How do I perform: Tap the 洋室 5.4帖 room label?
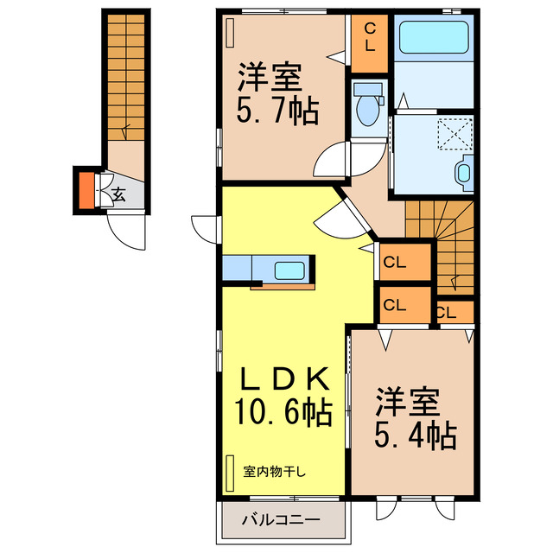[415, 420]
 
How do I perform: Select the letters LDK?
[283, 379]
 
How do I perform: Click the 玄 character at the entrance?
[118, 194]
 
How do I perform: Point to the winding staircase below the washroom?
[441, 242]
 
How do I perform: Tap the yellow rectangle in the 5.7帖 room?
[230, 34]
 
